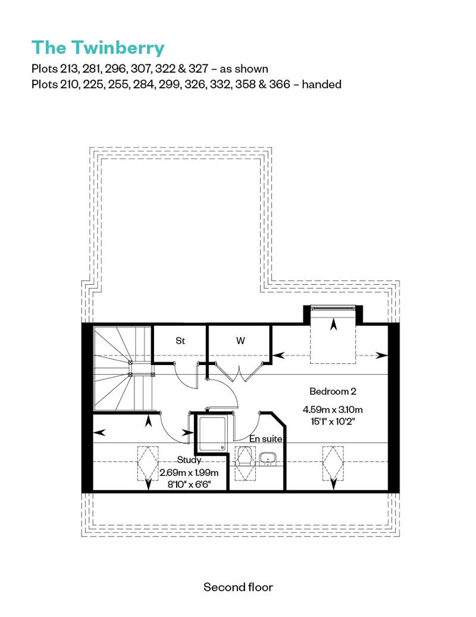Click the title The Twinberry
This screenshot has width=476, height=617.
pos(98,48)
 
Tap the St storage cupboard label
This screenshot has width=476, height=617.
pos(180,341)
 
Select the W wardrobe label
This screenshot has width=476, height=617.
pos(240,341)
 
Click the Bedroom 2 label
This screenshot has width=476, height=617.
pos(333,391)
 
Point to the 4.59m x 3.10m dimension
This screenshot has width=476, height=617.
pos(333,410)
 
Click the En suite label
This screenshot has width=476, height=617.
pos(266,438)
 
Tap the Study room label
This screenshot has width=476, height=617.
pos(189,460)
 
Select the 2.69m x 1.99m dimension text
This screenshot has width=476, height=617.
pos(189,473)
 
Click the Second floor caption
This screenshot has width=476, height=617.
pos(238,587)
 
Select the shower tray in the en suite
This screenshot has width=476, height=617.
pos(212,434)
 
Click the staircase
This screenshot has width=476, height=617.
pos(123,369)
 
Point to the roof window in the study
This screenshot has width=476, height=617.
pos(148,463)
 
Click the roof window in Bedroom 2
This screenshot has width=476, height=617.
pos(333,463)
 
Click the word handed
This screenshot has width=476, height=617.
pos(321,84)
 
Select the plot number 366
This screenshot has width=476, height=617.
pos(280,84)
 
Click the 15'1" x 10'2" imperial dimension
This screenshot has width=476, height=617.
pos(333,422)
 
